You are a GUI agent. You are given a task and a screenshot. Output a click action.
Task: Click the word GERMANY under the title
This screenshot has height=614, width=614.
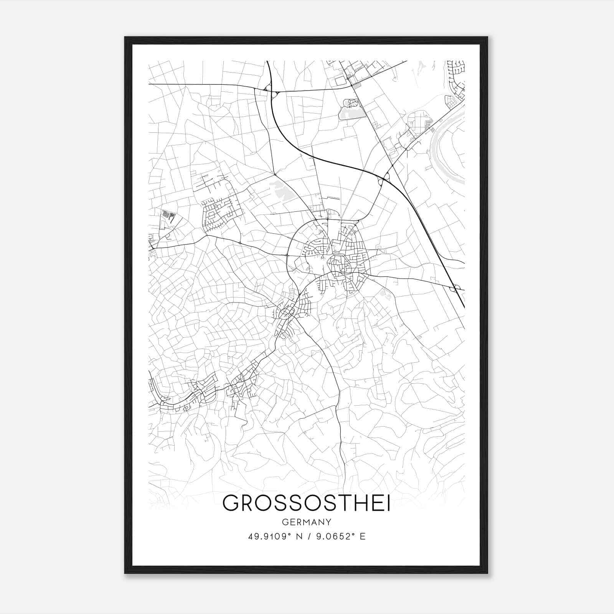pyautogui.click(x=306, y=522)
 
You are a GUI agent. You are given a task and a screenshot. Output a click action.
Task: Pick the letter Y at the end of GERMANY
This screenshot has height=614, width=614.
pyautogui.click(x=328, y=522)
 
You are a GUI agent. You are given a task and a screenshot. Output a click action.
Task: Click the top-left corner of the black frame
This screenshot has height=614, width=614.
pyautogui.click(x=125, y=38)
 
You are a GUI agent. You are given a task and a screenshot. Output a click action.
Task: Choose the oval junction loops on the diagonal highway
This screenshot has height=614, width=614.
pyautogui.click(x=383, y=179)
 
